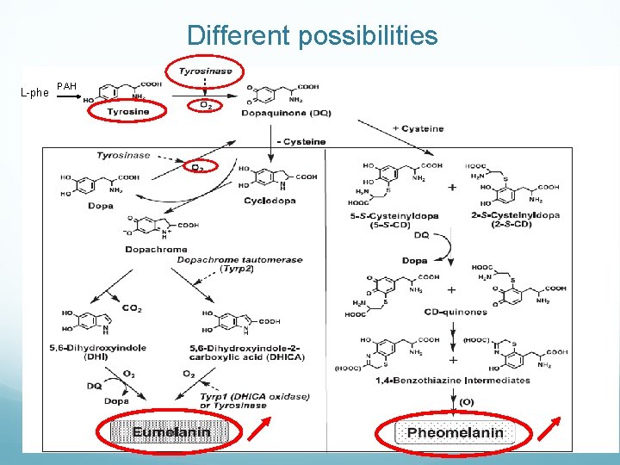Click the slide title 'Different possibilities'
(312, 36)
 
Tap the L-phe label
(34, 92)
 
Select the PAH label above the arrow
(67, 85)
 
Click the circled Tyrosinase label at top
(205, 71)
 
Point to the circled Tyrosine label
(127, 111)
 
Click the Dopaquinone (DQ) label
(286, 112)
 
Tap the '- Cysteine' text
(301, 141)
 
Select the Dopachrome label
(156, 250)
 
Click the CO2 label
(131, 308)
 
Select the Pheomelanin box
(455, 433)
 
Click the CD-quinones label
(456, 312)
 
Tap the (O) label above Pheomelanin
(465, 401)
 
